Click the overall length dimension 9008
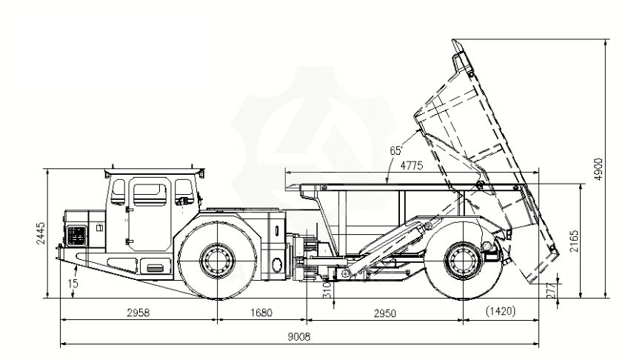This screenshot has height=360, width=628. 298,337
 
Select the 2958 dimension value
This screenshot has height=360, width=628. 138,313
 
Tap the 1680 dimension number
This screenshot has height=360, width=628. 261,313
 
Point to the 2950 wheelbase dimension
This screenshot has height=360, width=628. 385,313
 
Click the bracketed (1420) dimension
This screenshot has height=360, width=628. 500,311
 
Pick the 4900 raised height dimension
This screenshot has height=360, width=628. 598,169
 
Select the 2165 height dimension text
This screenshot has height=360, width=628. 574,241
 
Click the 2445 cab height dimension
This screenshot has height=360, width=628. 41,233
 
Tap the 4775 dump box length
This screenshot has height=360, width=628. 411,166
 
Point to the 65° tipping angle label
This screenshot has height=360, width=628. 395,150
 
